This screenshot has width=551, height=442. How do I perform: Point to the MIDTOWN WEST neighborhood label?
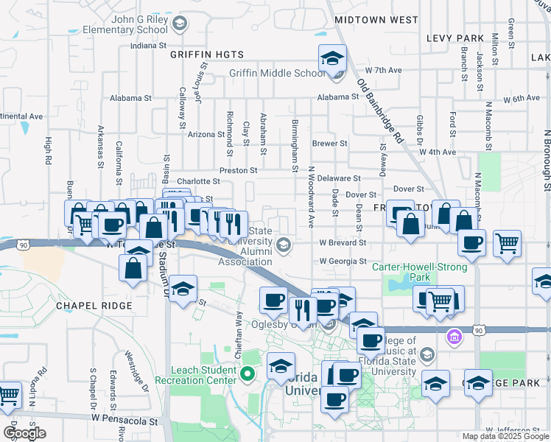point(376,20)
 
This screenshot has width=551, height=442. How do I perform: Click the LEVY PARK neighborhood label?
point(455,38)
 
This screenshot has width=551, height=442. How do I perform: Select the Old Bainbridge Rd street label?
point(381,110)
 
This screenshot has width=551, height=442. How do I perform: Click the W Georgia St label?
point(343,261)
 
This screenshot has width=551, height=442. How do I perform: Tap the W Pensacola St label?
point(125,417)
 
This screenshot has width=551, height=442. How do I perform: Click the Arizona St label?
point(206,134)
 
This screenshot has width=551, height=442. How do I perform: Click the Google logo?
point(25,433)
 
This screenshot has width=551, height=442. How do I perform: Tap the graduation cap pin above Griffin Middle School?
point(332,58)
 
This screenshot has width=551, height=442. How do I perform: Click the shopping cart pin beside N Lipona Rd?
point(9,395)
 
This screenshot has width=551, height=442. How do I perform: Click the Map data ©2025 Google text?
point(505,436)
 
